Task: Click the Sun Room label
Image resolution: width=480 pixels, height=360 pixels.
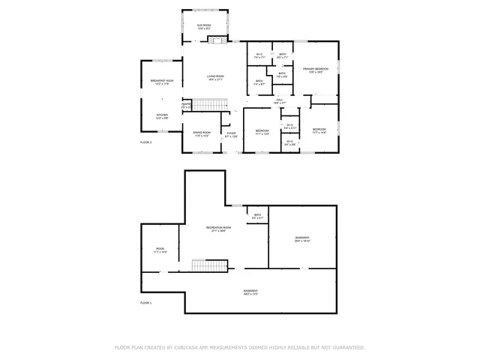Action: (203, 27)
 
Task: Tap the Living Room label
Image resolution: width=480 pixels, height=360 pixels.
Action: (215, 77)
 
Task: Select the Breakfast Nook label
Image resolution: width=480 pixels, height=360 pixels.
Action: (161, 82)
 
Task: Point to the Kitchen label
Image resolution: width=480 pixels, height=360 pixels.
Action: (161, 115)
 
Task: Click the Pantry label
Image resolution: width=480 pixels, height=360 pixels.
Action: (185, 106)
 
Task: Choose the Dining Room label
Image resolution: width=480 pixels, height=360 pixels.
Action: (202, 133)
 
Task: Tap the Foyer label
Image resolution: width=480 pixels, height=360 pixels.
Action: (232, 135)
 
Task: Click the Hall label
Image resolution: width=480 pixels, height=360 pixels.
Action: (279, 100)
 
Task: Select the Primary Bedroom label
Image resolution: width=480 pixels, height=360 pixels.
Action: (316, 70)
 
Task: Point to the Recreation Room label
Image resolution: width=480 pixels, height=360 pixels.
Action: (219, 228)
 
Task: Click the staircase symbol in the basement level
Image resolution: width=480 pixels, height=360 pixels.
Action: (209, 265)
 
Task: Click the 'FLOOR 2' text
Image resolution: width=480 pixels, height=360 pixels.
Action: (146, 142)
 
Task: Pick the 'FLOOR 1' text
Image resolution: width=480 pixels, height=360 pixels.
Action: (146, 302)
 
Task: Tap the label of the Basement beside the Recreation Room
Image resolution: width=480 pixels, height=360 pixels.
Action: (302, 239)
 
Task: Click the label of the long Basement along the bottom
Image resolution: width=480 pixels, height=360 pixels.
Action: (250, 292)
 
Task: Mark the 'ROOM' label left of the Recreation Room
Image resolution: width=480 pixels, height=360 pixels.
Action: (160, 250)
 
